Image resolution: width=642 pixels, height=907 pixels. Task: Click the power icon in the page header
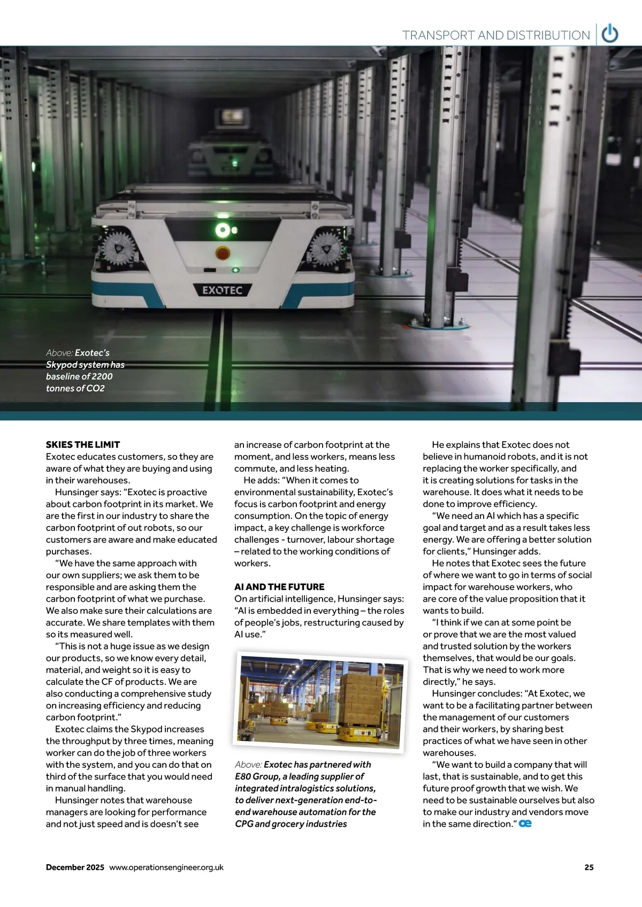[610, 34]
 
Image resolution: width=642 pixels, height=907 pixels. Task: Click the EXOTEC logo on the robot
[222, 290]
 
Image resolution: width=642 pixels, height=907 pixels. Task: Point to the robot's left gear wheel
[119, 248]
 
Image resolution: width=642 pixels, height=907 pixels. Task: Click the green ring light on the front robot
[222, 230]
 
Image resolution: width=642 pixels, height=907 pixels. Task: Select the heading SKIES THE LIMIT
[83, 444]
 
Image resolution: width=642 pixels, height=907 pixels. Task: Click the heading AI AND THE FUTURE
[279, 587]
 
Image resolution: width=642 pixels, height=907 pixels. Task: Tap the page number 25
[588, 867]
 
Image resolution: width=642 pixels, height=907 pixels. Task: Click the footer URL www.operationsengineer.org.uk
[166, 867]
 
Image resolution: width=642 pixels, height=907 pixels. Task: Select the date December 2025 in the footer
[75, 867]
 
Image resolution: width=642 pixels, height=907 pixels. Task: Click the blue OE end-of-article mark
[525, 824]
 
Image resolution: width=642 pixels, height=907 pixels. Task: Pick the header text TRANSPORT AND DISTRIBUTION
[496, 35]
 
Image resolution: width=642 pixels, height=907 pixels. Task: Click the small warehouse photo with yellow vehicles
[320, 700]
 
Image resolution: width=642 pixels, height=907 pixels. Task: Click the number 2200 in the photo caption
[101, 376]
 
